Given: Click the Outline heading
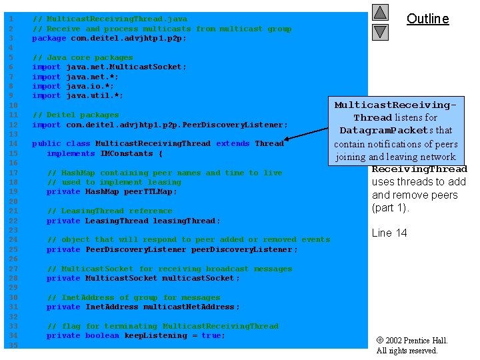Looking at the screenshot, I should [x=427, y=19].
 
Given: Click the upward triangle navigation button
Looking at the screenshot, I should [x=380, y=12].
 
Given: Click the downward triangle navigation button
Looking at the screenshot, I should [x=380, y=31].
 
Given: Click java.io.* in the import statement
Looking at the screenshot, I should [x=90, y=87].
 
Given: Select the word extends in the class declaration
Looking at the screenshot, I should [x=233, y=144].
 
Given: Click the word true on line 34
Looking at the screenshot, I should [x=211, y=336].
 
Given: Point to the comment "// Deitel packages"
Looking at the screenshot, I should [x=75, y=115].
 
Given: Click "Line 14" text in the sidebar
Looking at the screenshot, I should [x=389, y=233].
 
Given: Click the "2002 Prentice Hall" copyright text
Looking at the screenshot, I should [x=417, y=341].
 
